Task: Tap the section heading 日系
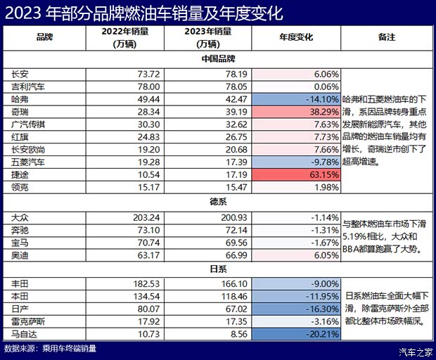217,268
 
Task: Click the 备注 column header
386,35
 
